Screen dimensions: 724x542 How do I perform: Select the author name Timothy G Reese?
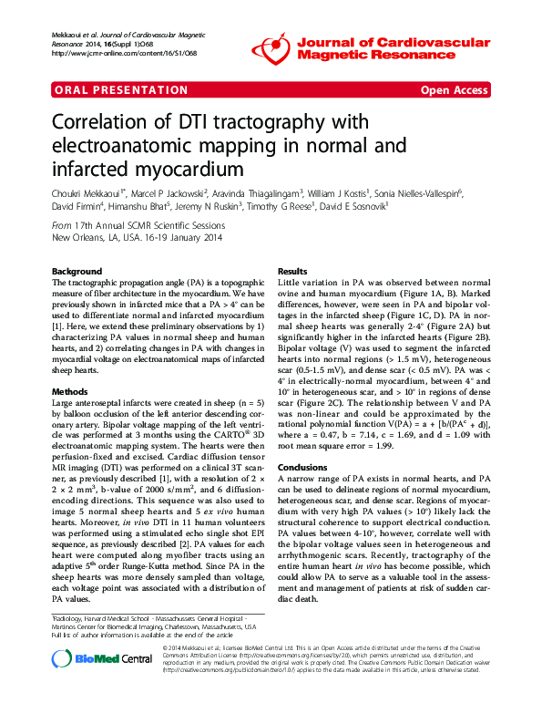pyautogui.click(x=278, y=208)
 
